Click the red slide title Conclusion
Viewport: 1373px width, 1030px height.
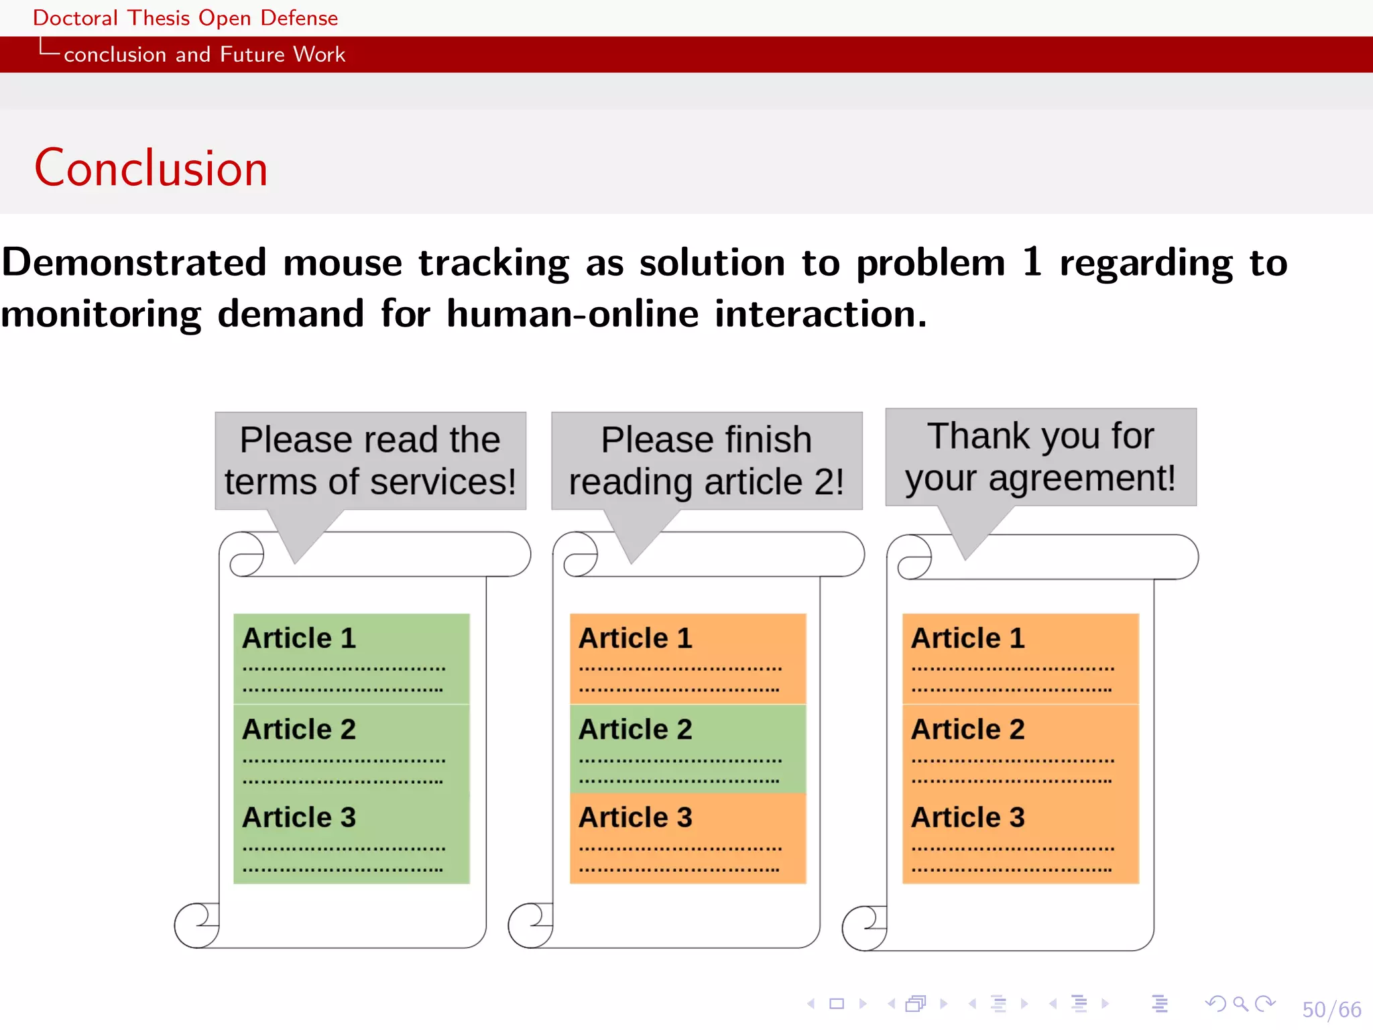click(151, 168)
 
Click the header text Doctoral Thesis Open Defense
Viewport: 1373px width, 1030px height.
click(185, 17)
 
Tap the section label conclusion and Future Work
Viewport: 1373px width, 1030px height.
click(204, 54)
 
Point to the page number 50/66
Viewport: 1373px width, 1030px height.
click(1331, 1009)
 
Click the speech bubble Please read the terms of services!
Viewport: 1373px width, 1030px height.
click(370, 461)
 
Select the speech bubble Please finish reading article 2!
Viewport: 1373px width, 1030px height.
click(706, 461)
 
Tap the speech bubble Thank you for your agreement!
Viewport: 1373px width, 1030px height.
click(1040, 457)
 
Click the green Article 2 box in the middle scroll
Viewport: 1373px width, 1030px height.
click(688, 748)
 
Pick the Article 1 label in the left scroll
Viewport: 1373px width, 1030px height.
click(299, 638)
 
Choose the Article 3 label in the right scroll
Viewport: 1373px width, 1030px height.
click(967, 817)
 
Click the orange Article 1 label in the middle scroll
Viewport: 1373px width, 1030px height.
click(635, 638)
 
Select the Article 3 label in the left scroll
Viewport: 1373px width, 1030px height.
click(299, 817)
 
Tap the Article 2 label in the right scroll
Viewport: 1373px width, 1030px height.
click(967, 729)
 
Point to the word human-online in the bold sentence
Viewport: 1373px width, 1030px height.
click(573, 314)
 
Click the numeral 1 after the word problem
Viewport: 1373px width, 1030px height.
click(1032, 262)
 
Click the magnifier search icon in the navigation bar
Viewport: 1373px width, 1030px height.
click(1240, 1004)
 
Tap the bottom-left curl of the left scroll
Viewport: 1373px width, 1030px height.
click(196, 925)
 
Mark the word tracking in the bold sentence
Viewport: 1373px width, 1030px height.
click(494, 262)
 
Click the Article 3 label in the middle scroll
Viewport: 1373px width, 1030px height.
click(635, 817)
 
